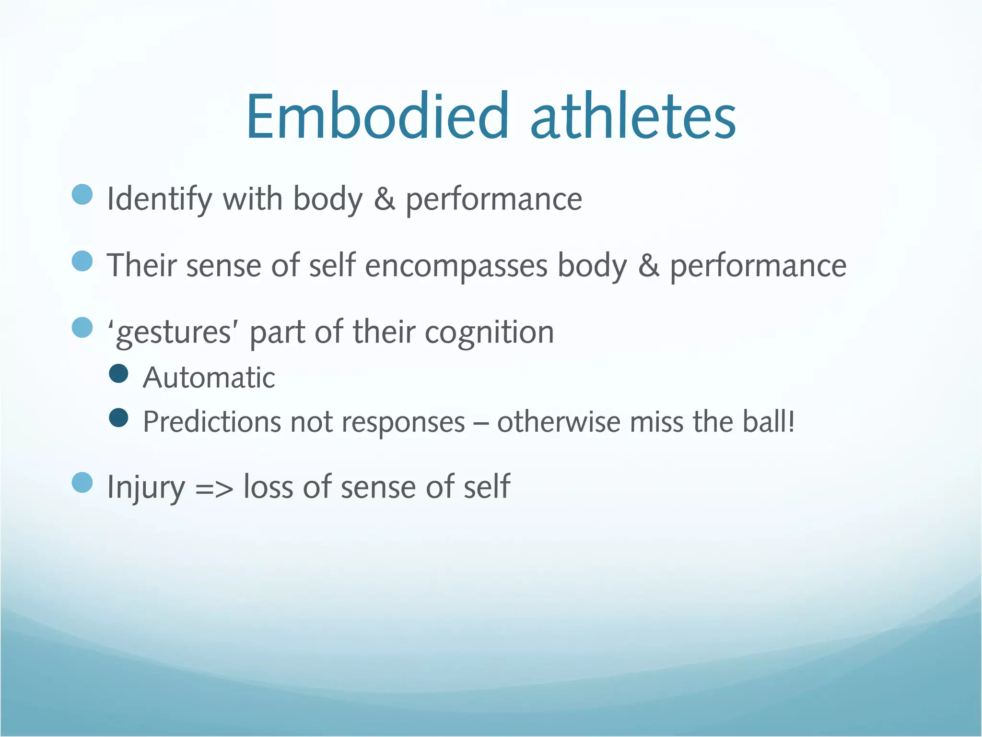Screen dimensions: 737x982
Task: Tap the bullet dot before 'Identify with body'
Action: (x=82, y=194)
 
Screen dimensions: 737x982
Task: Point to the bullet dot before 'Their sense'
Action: (x=82, y=261)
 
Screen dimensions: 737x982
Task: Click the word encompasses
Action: (x=456, y=266)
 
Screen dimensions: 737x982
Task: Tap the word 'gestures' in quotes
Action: (x=173, y=333)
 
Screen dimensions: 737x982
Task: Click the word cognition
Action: (x=489, y=333)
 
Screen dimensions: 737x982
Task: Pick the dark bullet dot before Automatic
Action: (x=118, y=373)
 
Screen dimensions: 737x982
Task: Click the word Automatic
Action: (x=209, y=378)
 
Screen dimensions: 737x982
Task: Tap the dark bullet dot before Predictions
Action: (x=118, y=417)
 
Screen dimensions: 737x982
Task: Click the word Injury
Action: (x=146, y=487)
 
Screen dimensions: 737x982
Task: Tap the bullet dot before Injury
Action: (x=82, y=482)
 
